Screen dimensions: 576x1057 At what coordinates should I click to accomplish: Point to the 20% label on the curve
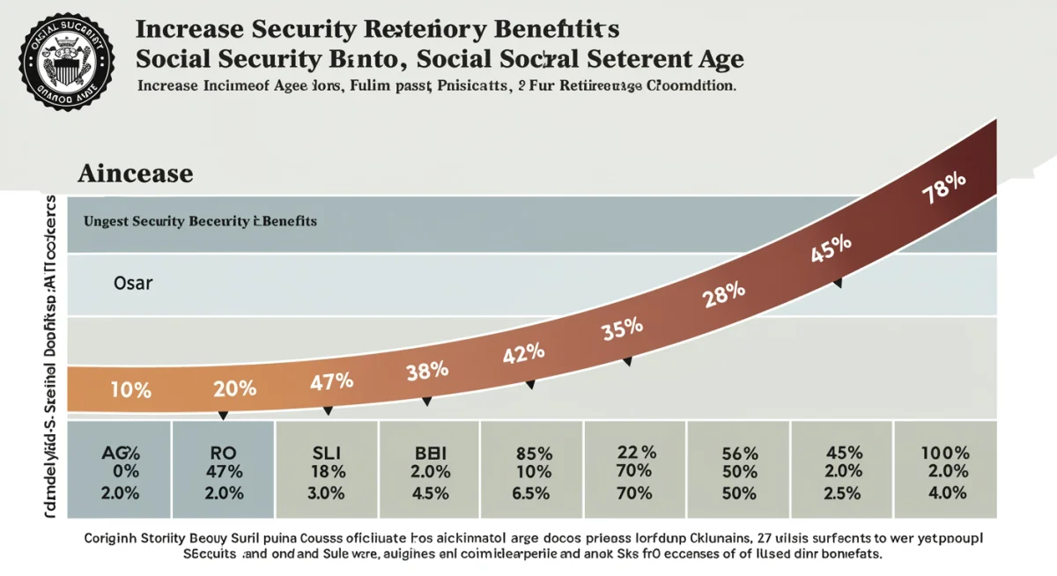(234, 388)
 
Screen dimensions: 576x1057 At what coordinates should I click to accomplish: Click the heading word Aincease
(135, 173)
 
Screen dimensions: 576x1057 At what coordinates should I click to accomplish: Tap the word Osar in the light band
(133, 284)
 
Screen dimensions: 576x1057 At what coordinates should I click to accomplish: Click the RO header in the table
(224, 453)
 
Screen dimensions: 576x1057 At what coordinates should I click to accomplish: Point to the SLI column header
(327, 453)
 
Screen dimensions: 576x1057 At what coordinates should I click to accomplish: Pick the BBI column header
(430, 453)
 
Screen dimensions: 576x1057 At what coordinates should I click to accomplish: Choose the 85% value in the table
(533, 454)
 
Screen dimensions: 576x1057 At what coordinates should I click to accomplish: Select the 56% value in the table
(739, 454)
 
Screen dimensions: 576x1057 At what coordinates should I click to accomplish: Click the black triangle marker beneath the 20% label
(223, 415)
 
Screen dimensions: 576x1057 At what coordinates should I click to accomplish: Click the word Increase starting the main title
(190, 29)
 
